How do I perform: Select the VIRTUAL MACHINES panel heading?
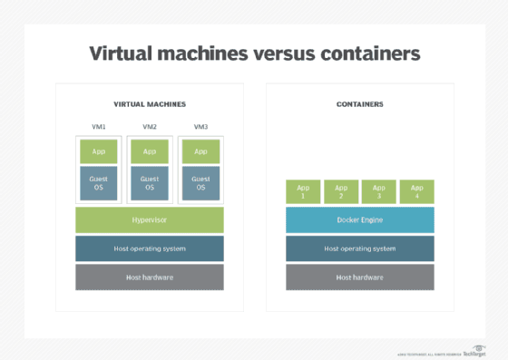150,104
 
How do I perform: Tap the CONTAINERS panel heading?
359,104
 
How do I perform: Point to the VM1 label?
98,127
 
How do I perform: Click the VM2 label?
150,127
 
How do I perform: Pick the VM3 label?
200,127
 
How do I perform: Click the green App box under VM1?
98,151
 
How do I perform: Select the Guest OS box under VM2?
150,183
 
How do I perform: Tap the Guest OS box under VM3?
200,183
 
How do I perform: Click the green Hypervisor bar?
150,219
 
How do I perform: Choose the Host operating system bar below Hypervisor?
150,248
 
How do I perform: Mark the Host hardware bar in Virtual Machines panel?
150,277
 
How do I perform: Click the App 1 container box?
303,191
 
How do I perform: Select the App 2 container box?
341,191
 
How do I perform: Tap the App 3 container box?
379,191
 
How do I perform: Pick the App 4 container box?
417,191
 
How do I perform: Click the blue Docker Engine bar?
360,219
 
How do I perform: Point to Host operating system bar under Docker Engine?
360,248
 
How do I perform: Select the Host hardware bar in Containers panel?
360,277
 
